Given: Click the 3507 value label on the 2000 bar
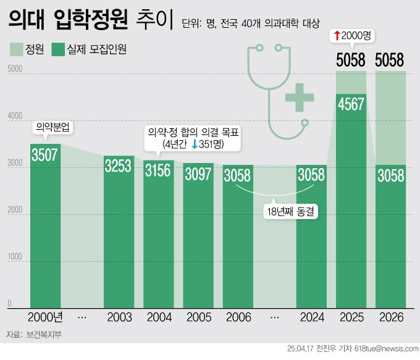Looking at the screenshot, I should [45, 154].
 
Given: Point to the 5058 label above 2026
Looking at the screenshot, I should [390, 60].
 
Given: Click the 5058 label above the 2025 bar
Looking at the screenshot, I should [351, 60].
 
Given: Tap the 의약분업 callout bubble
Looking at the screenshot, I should [53, 128].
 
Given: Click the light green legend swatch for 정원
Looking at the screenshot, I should [17, 49].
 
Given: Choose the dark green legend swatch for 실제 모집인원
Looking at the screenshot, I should [59, 49].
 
